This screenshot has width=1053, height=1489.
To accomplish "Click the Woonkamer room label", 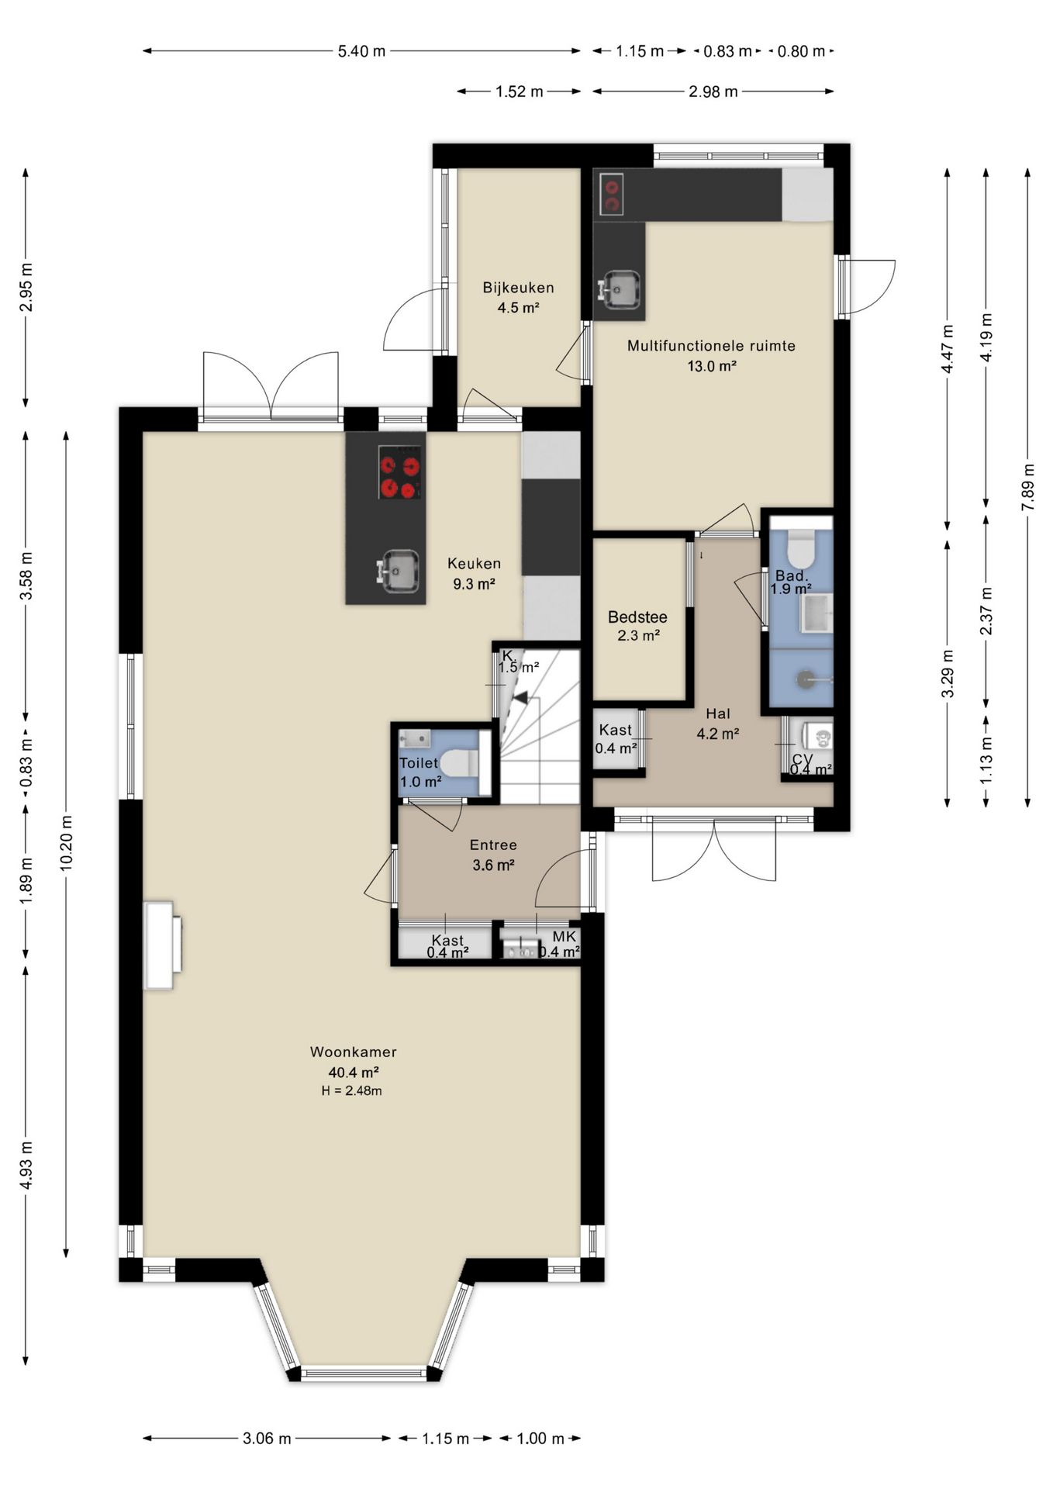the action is click(x=354, y=1052).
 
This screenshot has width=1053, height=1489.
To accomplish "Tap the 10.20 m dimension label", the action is click(x=66, y=842).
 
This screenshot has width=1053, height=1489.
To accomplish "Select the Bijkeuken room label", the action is click(x=518, y=288).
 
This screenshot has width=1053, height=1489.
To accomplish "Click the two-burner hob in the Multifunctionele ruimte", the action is click(x=612, y=193).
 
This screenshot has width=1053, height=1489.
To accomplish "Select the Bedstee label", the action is click(x=637, y=617).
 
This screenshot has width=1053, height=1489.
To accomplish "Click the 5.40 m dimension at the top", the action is click(x=361, y=51).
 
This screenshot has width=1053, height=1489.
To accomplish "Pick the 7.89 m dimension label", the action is click(x=1028, y=487).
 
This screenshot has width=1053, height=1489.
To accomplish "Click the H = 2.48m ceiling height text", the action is click(x=352, y=1090).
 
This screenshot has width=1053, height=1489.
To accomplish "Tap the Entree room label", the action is click(x=493, y=845).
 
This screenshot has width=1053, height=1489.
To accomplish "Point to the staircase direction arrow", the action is click(x=521, y=697).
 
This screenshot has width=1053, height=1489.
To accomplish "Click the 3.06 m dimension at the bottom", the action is click(x=267, y=1439).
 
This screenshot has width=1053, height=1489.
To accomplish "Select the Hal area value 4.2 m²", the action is click(x=717, y=733).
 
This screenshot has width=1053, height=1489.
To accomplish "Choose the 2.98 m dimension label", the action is click(x=713, y=92).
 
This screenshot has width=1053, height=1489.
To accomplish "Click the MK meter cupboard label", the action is click(x=564, y=936).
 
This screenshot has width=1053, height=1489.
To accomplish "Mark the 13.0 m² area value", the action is click(x=711, y=366).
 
